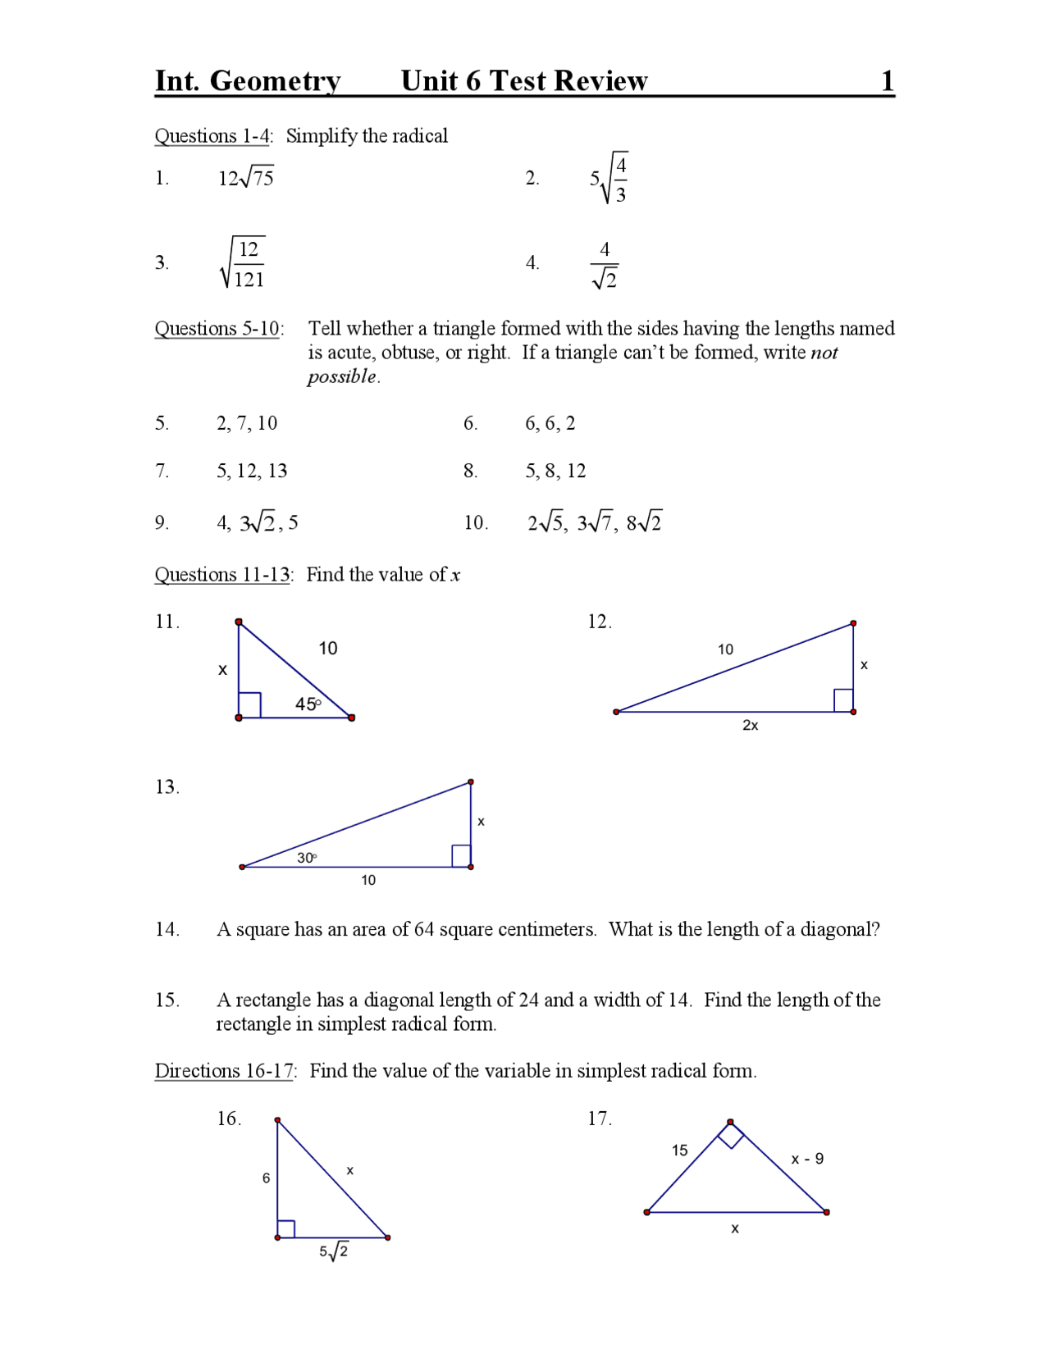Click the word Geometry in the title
(275, 81)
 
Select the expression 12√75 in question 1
(245, 177)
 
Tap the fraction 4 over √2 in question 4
(605, 264)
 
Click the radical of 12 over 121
(243, 263)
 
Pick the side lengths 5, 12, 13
(252, 471)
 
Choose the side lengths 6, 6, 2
(550, 423)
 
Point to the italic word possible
(342, 376)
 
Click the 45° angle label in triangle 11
(308, 704)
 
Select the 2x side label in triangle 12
(750, 725)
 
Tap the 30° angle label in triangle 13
(306, 857)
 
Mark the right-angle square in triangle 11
(249, 705)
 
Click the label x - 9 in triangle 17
(807, 1159)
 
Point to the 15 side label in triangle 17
(679, 1150)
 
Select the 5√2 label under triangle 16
(334, 1251)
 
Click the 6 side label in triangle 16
(266, 1178)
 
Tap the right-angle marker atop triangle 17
(731, 1135)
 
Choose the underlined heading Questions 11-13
(222, 575)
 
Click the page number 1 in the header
(887, 81)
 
